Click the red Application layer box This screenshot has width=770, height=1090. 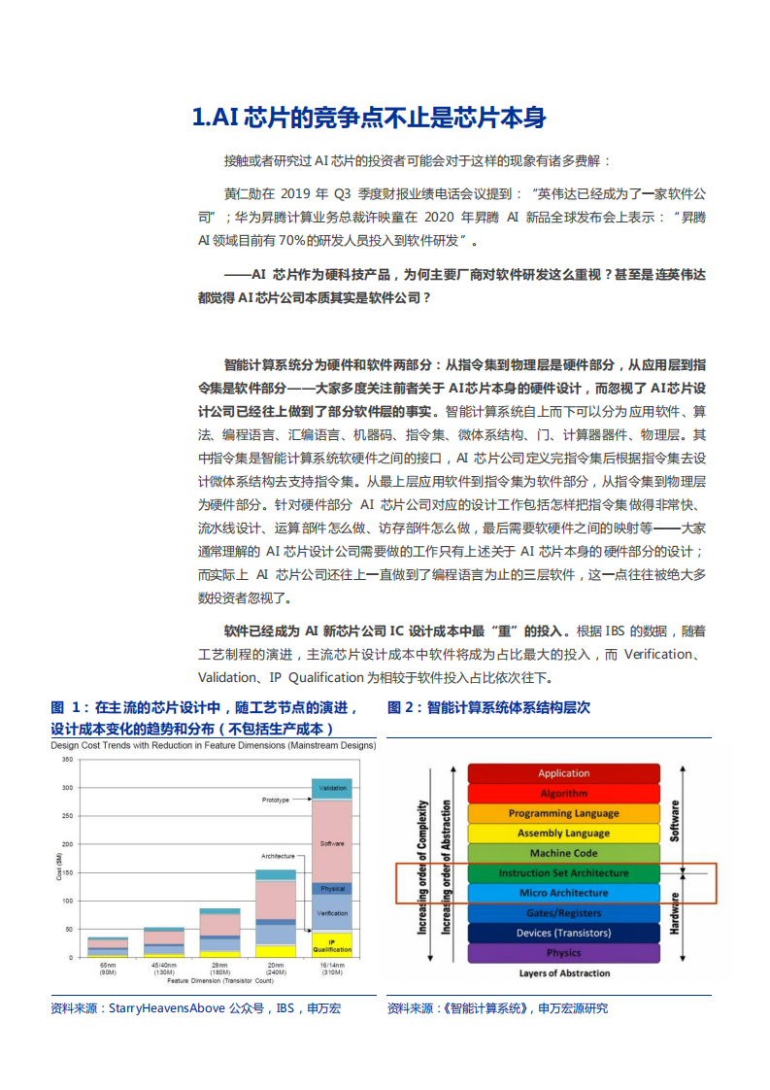(x=563, y=773)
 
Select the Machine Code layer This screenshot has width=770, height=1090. (x=563, y=853)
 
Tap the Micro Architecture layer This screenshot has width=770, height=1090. (x=563, y=893)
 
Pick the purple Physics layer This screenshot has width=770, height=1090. (x=563, y=953)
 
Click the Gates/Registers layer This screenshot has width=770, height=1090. (x=563, y=913)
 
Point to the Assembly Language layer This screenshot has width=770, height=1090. (x=563, y=834)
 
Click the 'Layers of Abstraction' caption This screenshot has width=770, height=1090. (x=564, y=973)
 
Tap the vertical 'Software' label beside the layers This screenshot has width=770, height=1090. (x=675, y=821)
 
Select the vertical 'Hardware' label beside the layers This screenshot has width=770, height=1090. (x=674, y=912)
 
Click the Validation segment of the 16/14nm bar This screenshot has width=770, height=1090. (x=332, y=788)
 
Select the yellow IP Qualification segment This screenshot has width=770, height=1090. (x=332, y=943)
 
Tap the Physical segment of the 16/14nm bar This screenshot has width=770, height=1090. (x=332, y=889)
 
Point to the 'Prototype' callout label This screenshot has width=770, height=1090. (x=276, y=800)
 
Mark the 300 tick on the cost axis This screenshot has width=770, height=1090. (x=66, y=788)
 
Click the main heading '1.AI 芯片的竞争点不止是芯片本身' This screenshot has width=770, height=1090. (x=369, y=119)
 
